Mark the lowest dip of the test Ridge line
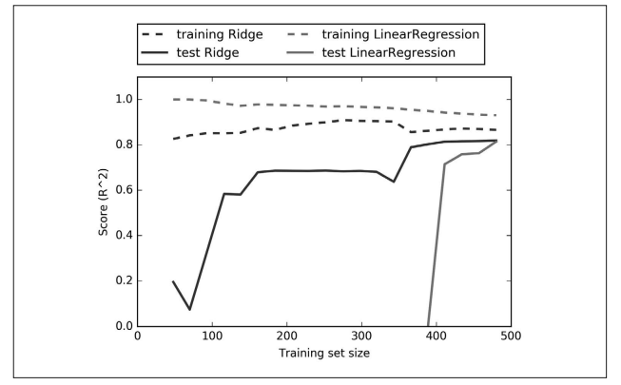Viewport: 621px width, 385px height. coord(190,309)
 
